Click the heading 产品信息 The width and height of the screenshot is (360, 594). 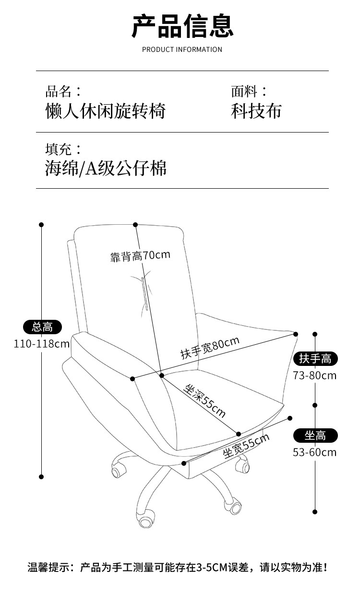(182, 26)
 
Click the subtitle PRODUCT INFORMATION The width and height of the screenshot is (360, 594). (182, 49)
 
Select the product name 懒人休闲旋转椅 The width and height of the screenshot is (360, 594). (106, 111)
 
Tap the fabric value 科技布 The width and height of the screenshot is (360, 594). (256, 111)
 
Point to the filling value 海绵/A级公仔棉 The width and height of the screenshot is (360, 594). (106, 168)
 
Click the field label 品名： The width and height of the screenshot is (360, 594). (63, 91)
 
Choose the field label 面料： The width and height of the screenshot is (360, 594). (249, 91)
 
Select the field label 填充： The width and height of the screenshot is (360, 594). (63, 148)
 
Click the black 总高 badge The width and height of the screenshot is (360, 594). (42, 327)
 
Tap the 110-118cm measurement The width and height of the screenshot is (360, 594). (42, 344)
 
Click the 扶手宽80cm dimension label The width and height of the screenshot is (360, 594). (210, 348)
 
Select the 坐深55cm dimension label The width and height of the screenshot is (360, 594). (204, 401)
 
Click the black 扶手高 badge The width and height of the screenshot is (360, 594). (315, 359)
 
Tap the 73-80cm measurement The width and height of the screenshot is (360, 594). (315, 376)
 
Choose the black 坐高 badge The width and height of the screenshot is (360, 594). (315, 436)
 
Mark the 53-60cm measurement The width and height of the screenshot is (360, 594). (315, 452)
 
